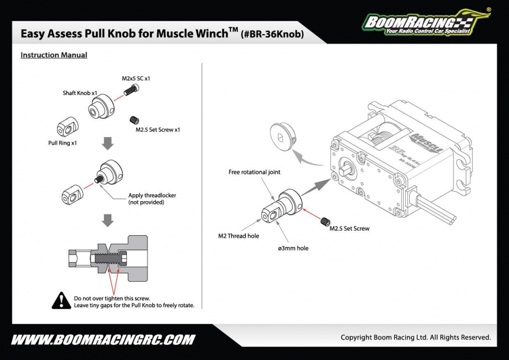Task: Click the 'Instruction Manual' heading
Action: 54,55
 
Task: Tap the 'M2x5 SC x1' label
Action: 136,78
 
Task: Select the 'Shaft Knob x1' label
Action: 80,93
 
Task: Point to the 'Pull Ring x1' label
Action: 63,143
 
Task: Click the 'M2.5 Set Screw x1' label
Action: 158,130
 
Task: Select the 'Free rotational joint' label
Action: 254,172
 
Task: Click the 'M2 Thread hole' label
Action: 239,236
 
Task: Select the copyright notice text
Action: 415,337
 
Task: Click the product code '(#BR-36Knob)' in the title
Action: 272,35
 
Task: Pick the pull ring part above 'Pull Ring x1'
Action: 67,126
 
